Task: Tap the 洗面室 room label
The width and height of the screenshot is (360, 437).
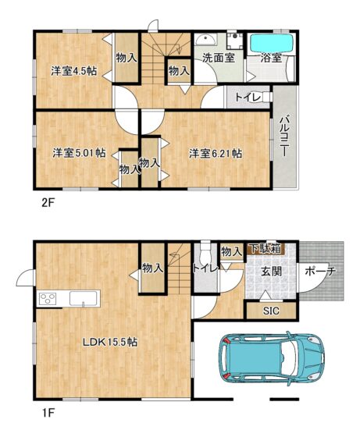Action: coord(219,58)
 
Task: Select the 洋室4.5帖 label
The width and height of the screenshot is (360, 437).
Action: coord(73,71)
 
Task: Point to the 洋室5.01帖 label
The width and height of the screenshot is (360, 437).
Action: coord(79,153)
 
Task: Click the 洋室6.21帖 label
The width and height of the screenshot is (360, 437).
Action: coord(216,153)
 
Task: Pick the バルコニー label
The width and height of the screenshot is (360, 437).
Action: coord(284,136)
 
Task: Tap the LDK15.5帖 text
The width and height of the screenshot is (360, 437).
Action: coord(110,342)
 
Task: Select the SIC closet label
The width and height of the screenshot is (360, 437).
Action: coord(271,311)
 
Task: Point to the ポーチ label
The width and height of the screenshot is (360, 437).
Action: coord(319,271)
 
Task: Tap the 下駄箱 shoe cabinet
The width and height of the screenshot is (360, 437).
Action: coord(266,249)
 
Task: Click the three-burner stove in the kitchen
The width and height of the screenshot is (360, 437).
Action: coord(48,298)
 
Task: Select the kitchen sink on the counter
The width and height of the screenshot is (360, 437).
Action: coord(84,298)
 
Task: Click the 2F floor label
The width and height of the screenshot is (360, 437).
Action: coord(48,203)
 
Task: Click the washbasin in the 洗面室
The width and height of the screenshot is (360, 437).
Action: coord(205,40)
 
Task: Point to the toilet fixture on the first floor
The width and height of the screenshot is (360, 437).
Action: coord(206,250)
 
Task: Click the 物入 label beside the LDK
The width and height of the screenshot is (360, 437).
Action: coord(152,268)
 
